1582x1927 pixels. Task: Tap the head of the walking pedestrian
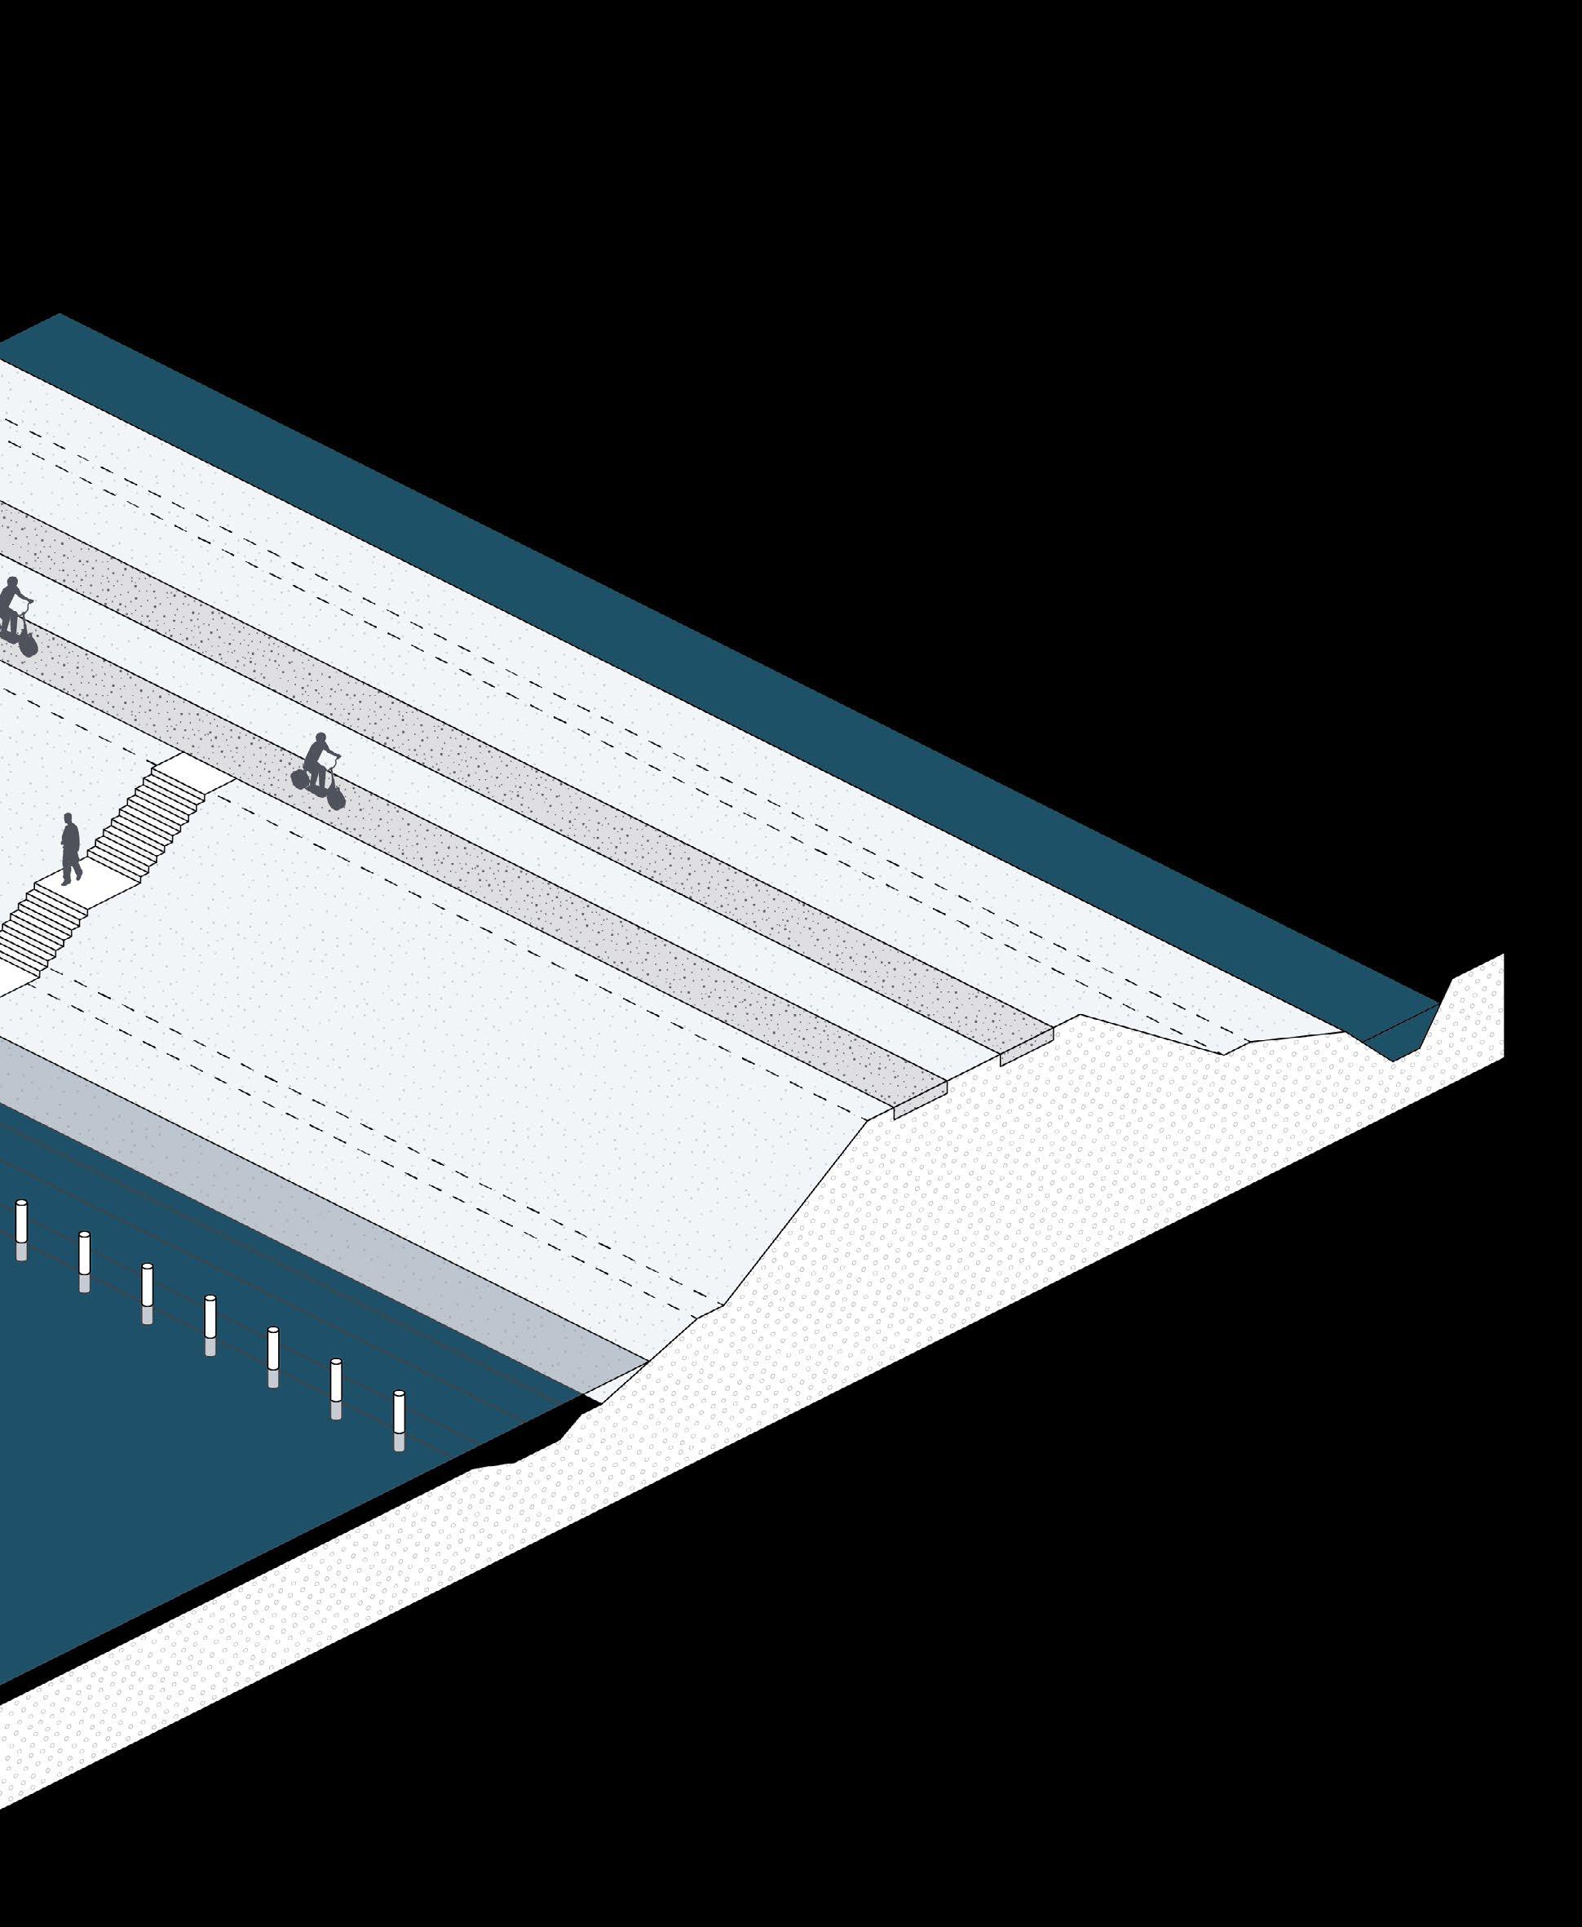click(68, 818)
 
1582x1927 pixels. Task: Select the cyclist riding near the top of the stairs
click(318, 771)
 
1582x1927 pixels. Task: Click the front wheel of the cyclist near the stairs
click(335, 798)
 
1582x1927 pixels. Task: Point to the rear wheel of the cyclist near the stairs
click(299, 778)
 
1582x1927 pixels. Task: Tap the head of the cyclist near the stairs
click(320, 738)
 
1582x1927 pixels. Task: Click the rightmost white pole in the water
click(398, 1417)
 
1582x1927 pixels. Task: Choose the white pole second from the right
click(336, 1385)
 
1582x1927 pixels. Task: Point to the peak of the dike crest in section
click(1080, 1016)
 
